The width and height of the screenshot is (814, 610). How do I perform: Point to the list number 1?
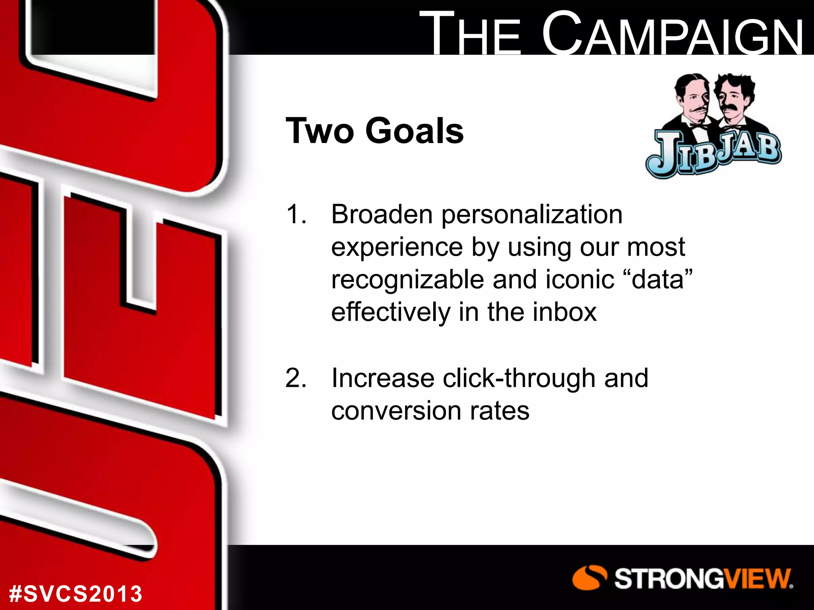click(x=296, y=215)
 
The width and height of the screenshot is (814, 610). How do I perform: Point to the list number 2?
click(x=296, y=378)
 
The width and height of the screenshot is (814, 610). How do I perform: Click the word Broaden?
click(x=382, y=215)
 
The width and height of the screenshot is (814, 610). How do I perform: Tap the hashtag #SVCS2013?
click(x=76, y=594)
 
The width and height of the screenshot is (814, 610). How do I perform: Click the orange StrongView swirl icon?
click(x=589, y=577)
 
